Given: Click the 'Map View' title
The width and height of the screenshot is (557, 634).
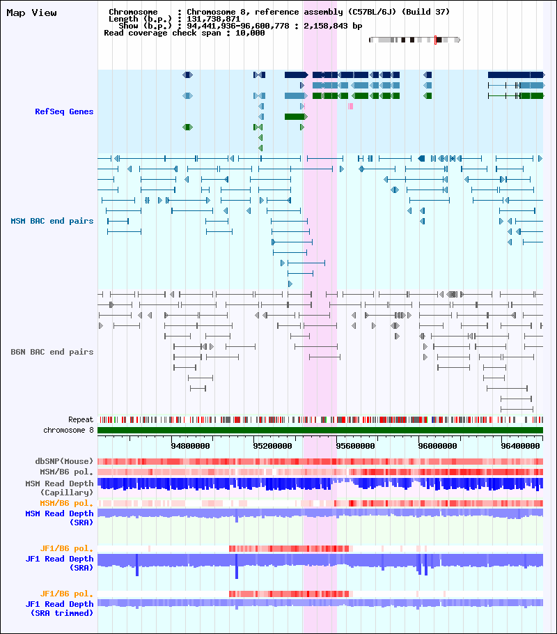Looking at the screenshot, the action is tap(31, 13).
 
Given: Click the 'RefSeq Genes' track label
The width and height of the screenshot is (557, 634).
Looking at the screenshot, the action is tap(64, 111).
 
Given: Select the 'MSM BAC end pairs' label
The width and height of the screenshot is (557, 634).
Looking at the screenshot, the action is tap(52, 221).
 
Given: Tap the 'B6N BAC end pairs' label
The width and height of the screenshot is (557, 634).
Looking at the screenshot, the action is tap(52, 352).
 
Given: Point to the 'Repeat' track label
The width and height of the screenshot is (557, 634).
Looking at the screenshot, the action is tap(81, 419).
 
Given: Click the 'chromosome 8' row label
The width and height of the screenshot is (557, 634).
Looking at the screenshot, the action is tap(68, 430).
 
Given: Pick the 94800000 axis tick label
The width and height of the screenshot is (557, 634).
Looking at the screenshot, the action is tap(190, 446).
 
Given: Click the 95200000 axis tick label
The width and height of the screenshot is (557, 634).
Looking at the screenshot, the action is tap(272, 446).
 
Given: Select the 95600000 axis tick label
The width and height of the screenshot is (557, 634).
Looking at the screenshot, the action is tap(355, 446).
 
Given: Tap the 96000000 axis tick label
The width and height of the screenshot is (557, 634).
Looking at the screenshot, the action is tap(438, 446).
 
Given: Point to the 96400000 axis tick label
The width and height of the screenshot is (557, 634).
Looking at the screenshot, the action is tap(520, 446).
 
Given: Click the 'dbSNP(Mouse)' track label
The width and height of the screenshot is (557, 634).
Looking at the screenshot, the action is tap(64, 461).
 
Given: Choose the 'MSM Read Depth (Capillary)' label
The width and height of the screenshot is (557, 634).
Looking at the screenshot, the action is tap(59, 488).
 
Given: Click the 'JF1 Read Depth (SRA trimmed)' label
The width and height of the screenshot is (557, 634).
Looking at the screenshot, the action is tap(59, 608).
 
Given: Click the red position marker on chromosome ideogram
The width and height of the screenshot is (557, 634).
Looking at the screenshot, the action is tap(435, 40).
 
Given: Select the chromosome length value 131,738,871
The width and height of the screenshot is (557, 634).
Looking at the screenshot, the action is tap(214, 19).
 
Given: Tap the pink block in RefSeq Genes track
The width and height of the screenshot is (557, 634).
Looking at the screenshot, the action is tap(350, 106).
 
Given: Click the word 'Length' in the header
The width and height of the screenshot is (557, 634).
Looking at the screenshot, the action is tap(123, 19).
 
